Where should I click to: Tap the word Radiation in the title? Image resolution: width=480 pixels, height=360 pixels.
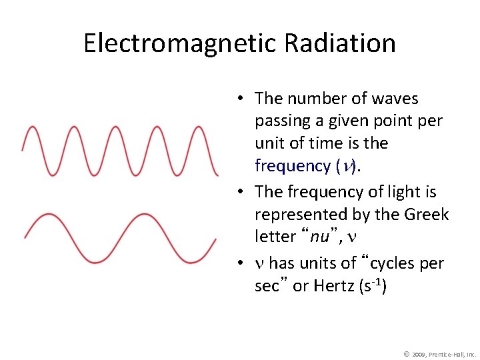pos(340,43)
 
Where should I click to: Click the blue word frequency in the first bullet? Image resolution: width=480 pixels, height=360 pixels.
pos(293,165)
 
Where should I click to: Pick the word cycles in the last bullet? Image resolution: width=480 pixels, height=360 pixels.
pos(387,263)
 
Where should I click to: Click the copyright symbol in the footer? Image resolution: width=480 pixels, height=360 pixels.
pos(406,353)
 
